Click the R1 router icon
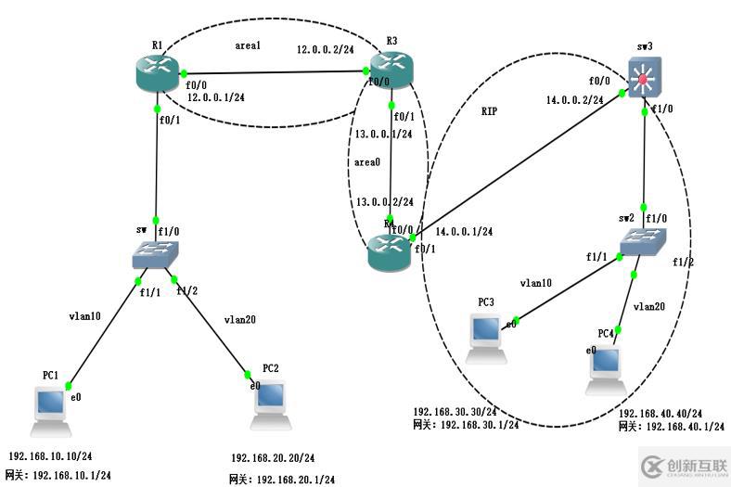click(160, 74)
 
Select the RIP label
click(490, 110)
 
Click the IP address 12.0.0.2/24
click(326, 48)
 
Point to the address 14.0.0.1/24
click(463, 232)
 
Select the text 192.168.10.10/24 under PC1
click(50, 457)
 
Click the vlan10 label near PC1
click(83, 314)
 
